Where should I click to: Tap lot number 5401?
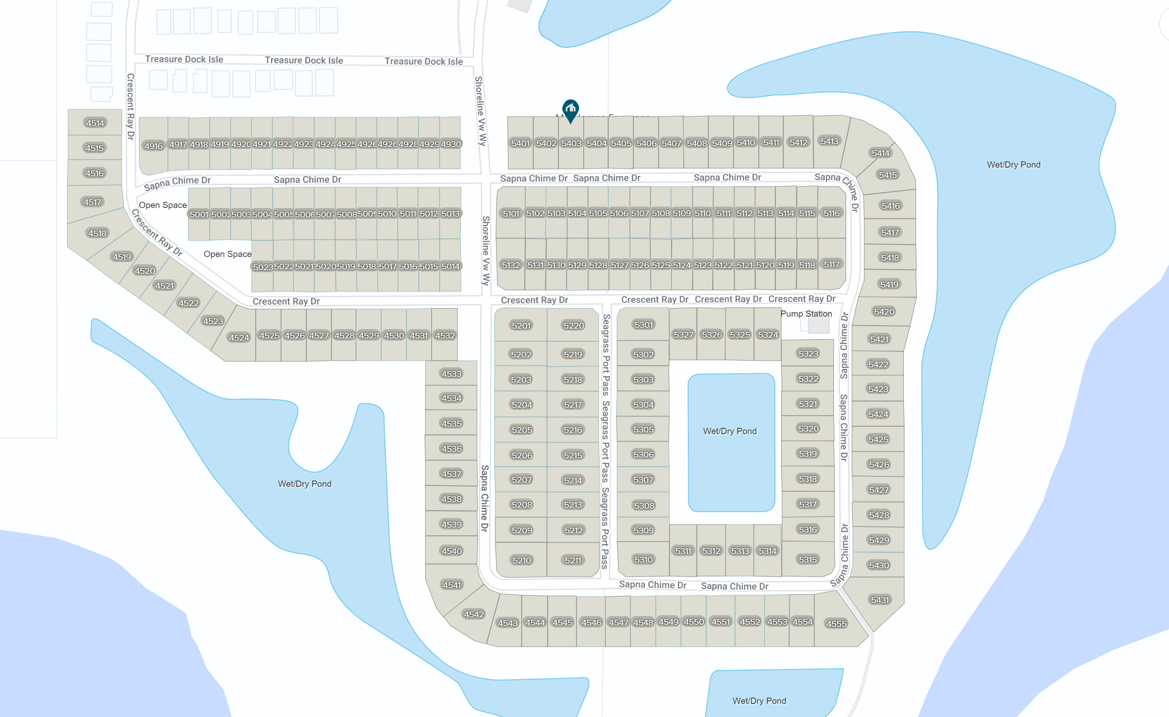pyautogui.click(x=520, y=143)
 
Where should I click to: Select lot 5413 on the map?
pyautogui.click(x=829, y=141)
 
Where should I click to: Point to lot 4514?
pyautogui.click(x=95, y=123)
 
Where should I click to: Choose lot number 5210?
pyautogui.click(x=521, y=561)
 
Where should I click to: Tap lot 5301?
pyautogui.click(x=643, y=325)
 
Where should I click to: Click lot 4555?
pyautogui.click(x=836, y=624)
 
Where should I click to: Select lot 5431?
pyautogui.click(x=879, y=600)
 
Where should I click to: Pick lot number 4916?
pyautogui.click(x=153, y=146)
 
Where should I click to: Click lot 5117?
pyautogui.click(x=831, y=264)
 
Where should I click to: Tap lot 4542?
pyautogui.click(x=474, y=614)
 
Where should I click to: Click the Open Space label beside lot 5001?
pyautogui.click(x=162, y=205)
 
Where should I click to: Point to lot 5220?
pyautogui.click(x=573, y=325)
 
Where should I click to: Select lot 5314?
pyautogui.click(x=767, y=551)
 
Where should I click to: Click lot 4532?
pyautogui.click(x=445, y=336)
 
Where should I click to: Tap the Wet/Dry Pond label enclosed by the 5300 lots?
pyautogui.click(x=729, y=431)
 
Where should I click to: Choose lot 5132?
pyautogui.click(x=511, y=265)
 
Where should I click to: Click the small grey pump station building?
pyautogui.click(x=819, y=325)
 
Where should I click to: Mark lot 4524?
pyautogui.click(x=239, y=338)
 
